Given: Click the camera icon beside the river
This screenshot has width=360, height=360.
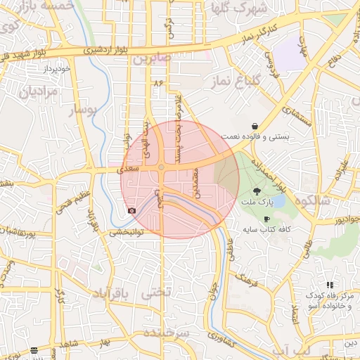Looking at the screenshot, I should pyautogui.click(x=131, y=211).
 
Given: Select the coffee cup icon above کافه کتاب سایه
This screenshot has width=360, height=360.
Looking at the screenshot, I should pyautogui.click(x=266, y=219).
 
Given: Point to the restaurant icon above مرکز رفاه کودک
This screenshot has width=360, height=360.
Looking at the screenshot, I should pyautogui.click(x=310, y=284).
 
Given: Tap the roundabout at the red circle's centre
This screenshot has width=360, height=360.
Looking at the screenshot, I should pyautogui.click(x=162, y=167).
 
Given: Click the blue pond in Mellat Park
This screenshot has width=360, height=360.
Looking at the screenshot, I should pyautogui.click(x=278, y=201).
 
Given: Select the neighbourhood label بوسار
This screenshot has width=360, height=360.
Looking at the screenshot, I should pyautogui.click(x=83, y=110).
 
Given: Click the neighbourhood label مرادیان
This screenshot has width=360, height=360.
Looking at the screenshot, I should pyautogui.click(x=31, y=91).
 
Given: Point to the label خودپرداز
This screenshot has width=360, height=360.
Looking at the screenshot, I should pyautogui.click(x=57, y=69).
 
